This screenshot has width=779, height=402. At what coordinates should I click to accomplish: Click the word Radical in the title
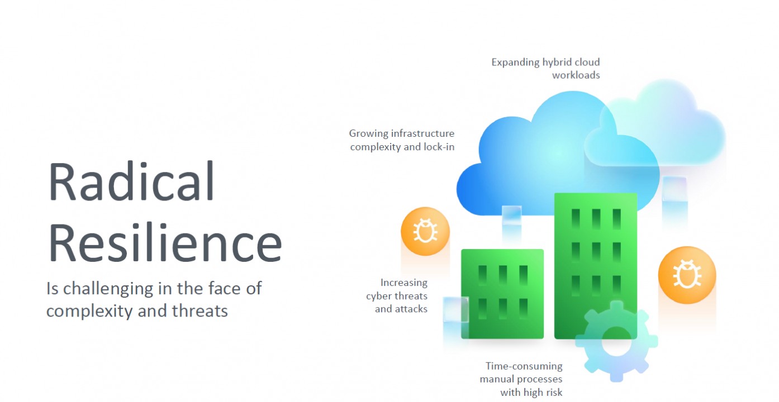(131, 181)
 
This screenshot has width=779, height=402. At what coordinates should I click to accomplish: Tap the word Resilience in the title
(165, 242)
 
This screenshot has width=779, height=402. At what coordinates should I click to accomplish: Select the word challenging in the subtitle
(108, 289)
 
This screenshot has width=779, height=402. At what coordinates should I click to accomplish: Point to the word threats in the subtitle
(200, 310)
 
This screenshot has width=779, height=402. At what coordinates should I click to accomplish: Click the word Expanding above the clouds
(515, 63)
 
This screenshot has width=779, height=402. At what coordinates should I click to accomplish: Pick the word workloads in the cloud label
(576, 75)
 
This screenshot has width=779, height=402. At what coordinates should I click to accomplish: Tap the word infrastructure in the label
(422, 133)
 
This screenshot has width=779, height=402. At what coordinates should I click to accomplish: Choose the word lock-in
(439, 147)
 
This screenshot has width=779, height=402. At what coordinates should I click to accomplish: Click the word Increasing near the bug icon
(404, 283)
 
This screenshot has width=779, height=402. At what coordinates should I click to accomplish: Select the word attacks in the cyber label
(411, 309)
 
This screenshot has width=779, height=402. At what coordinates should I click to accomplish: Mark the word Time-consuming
(524, 366)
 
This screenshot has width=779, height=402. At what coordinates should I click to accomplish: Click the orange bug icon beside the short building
(425, 231)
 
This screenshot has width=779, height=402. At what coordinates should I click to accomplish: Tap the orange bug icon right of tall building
(687, 275)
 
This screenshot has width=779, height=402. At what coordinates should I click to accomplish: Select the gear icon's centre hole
(616, 342)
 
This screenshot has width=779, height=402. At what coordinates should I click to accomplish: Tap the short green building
(502, 294)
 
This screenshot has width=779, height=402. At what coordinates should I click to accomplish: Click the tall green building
(595, 266)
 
